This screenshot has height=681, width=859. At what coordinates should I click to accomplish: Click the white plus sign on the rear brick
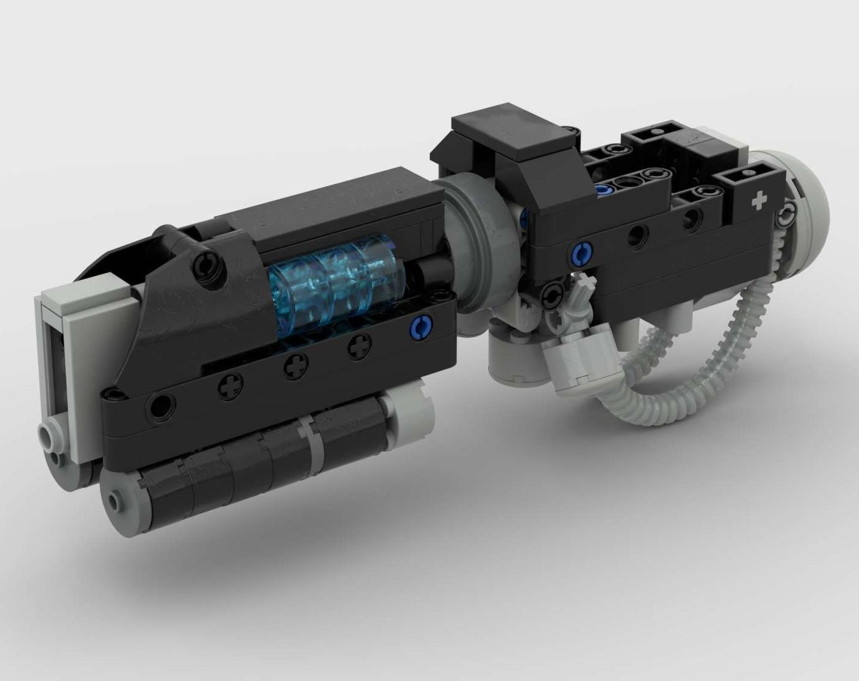[760, 201]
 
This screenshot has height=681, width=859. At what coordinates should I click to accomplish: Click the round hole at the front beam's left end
[161, 404]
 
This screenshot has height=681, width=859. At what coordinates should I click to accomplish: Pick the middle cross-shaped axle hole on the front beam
[294, 366]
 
